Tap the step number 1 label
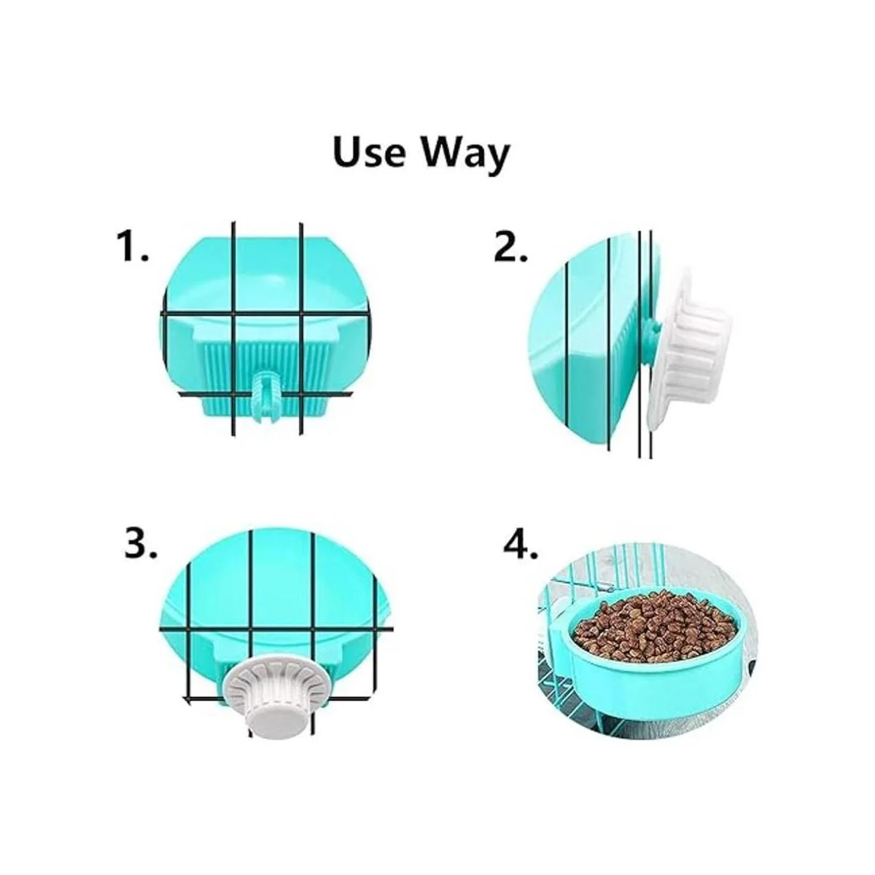point(132,246)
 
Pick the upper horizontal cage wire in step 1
point(265,314)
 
